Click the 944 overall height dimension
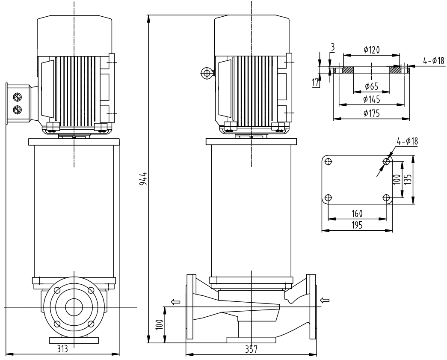point(144,178)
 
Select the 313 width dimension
point(62,349)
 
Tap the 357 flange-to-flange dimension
point(251,349)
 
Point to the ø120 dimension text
point(372,50)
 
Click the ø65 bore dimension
point(371,86)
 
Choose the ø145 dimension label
point(371,99)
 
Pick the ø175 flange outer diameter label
point(371,113)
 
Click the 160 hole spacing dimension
point(357,213)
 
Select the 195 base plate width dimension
point(357,226)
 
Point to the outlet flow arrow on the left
point(175,302)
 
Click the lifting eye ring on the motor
point(207,73)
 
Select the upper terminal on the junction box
point(18,97)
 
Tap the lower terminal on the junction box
point(18,110)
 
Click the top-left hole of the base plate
point(329,161)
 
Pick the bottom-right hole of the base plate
point(387,198)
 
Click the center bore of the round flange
point(74,307)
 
